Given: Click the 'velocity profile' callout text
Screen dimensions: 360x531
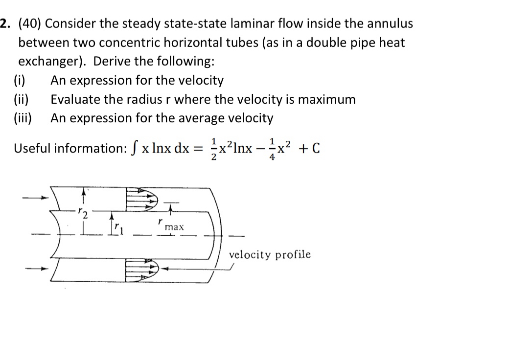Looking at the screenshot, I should tap(270, 254).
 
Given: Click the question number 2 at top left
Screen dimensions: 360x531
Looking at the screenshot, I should tap(4, 23).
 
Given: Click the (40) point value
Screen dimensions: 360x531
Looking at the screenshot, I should tap(30, 23).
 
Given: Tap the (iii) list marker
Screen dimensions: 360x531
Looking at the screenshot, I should tap(23, 118).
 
